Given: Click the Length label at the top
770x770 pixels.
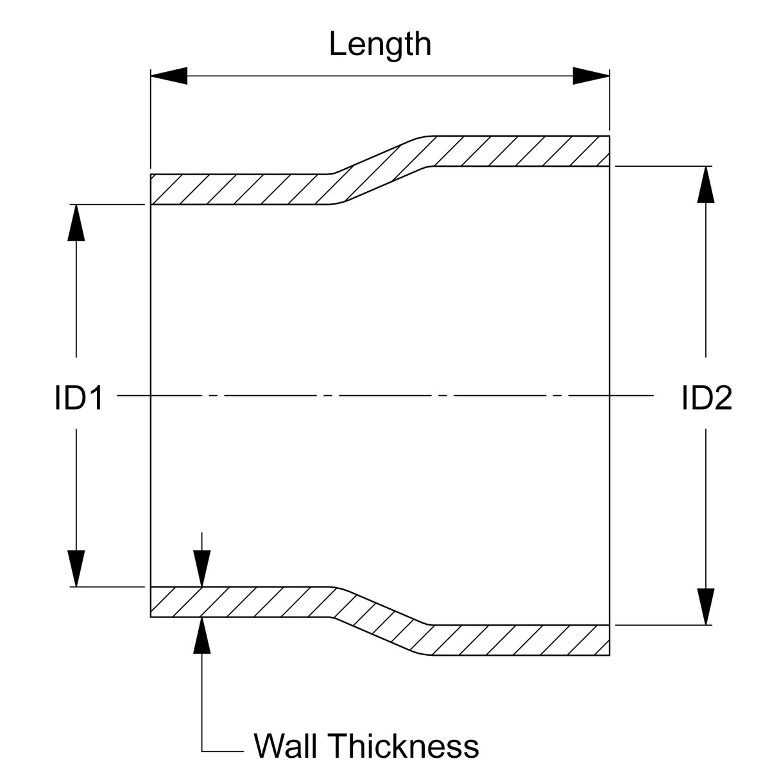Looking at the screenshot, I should coord(380,44).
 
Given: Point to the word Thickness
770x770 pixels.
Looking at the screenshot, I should coord(404,746).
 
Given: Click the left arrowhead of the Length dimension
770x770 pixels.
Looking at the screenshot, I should coord(168,76).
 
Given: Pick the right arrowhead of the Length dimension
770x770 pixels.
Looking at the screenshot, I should coord(591,76).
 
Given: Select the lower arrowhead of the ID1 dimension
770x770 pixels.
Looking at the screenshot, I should coord(76,569).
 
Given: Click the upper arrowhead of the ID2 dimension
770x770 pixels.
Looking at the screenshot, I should coord(706,184).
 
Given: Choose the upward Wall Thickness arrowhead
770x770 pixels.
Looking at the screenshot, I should coord(202,635).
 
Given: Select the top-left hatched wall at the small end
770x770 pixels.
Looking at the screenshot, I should coord(237,189).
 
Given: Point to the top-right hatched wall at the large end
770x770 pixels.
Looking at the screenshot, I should coord(520,151).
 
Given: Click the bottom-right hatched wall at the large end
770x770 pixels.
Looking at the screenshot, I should coord(520,640).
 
